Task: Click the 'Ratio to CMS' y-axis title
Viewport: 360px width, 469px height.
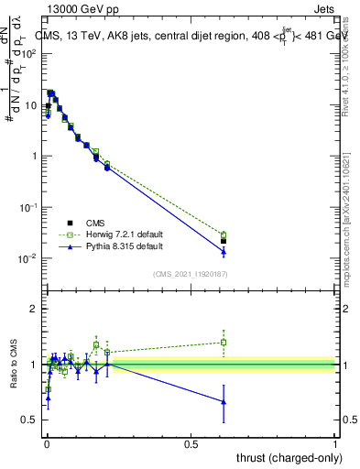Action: click(x=15, y=364)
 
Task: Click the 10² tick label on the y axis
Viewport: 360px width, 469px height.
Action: click(x=29, y=53)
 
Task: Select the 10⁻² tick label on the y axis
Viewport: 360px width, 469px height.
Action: click(x=29, y=258)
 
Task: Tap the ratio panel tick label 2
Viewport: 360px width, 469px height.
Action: click(x=35, y=309)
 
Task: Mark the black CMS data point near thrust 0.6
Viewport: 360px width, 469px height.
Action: click(x=224, y=241)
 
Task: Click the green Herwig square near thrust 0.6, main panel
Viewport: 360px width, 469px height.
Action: click(x=224, y=234)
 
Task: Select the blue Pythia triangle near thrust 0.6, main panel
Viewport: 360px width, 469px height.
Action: click(x=224, y=251)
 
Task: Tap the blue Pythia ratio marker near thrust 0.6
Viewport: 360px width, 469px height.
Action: click(x=224, y=401)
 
